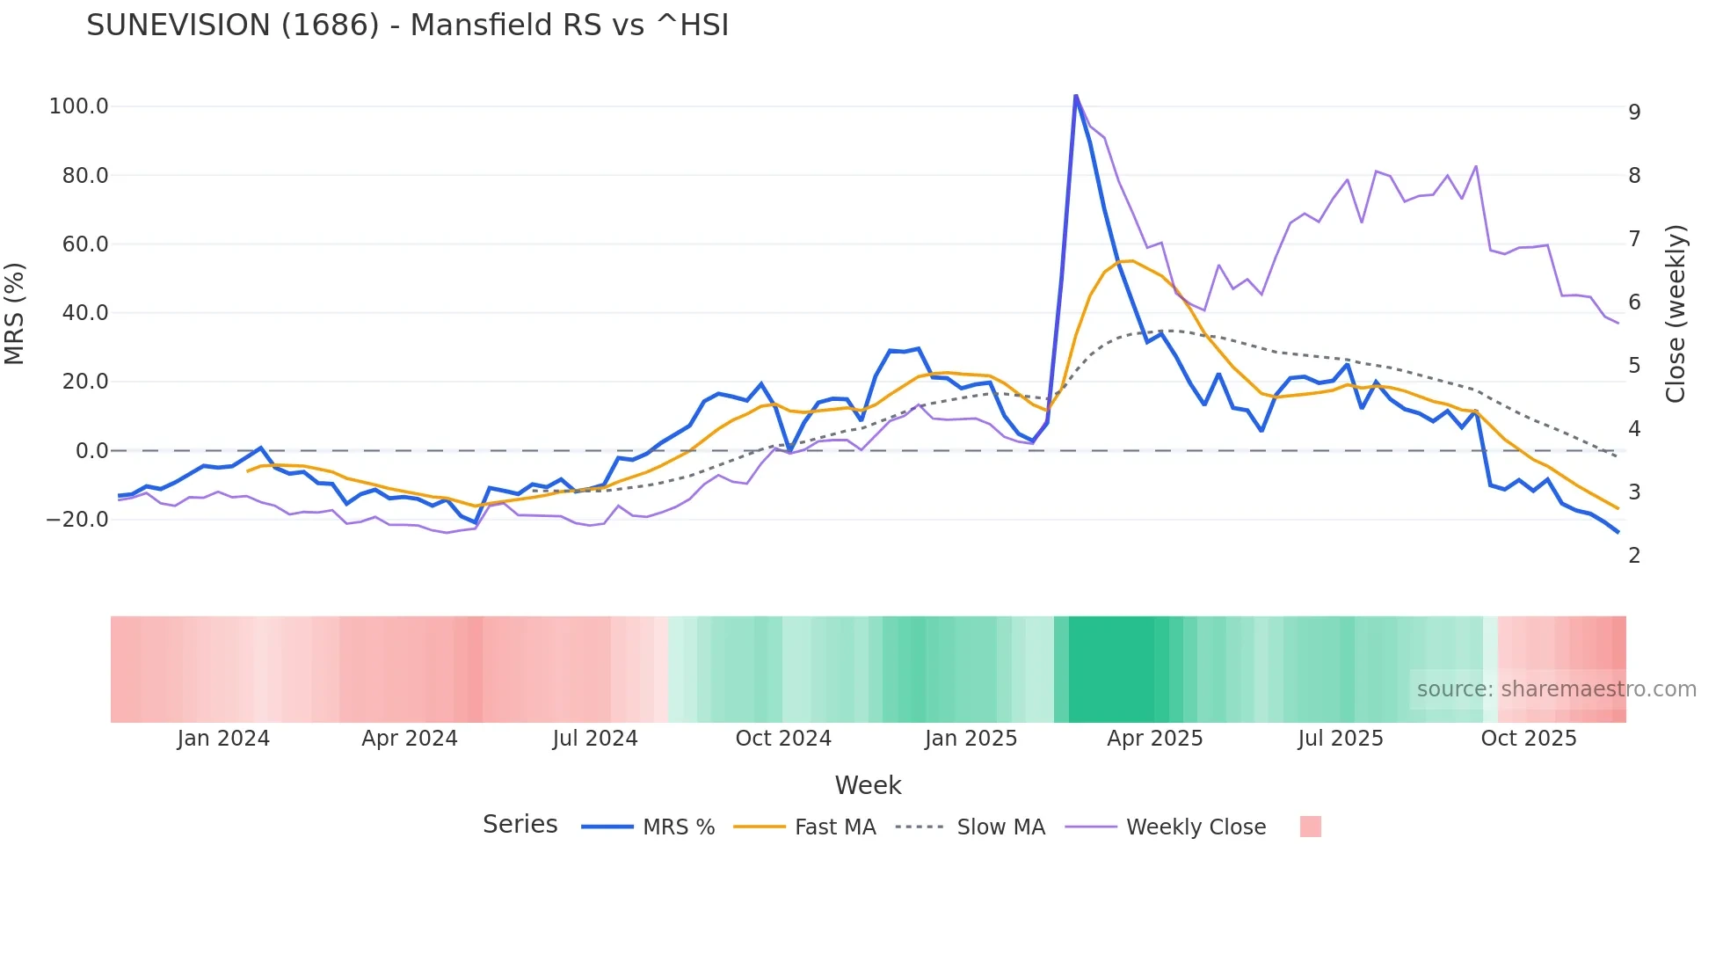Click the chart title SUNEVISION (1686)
pos(407,25)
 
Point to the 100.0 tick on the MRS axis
pos(79,106)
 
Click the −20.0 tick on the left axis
pos(77,520)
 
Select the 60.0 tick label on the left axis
pos(85,244)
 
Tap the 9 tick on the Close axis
pos(1634,113)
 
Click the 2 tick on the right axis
pos(1634,556)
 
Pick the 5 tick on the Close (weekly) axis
pos(1634,366)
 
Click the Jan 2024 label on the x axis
pos(223,739)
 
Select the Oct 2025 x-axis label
pos(1529,739)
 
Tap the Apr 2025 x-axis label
pos(1154,739)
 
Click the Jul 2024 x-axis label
pos(595,739)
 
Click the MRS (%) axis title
pos(14,314)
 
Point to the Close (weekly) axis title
pos(1676,314)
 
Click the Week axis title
pos(868,785)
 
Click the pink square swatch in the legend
pos(1310,827)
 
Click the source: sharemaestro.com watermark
pos(1556,689)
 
